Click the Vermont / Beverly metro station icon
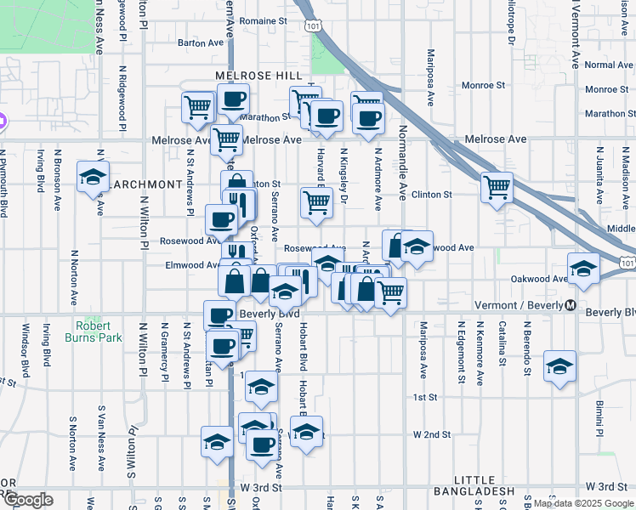571,306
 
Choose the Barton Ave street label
199,41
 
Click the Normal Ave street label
609,65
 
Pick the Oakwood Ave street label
538,278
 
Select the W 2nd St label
431,434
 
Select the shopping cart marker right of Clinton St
496,186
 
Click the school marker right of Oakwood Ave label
582,269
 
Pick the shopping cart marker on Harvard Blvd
316,201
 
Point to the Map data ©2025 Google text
582,503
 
